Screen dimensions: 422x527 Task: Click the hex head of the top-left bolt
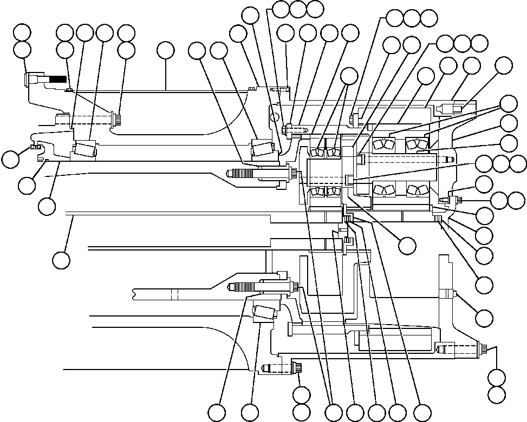[28, 80]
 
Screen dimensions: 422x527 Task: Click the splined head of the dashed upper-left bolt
[115, 118]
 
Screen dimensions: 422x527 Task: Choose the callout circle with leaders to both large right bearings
[508, 103]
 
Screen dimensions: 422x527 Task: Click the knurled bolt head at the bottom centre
[298, 368]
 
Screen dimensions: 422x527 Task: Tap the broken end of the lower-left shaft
[134, 294]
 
